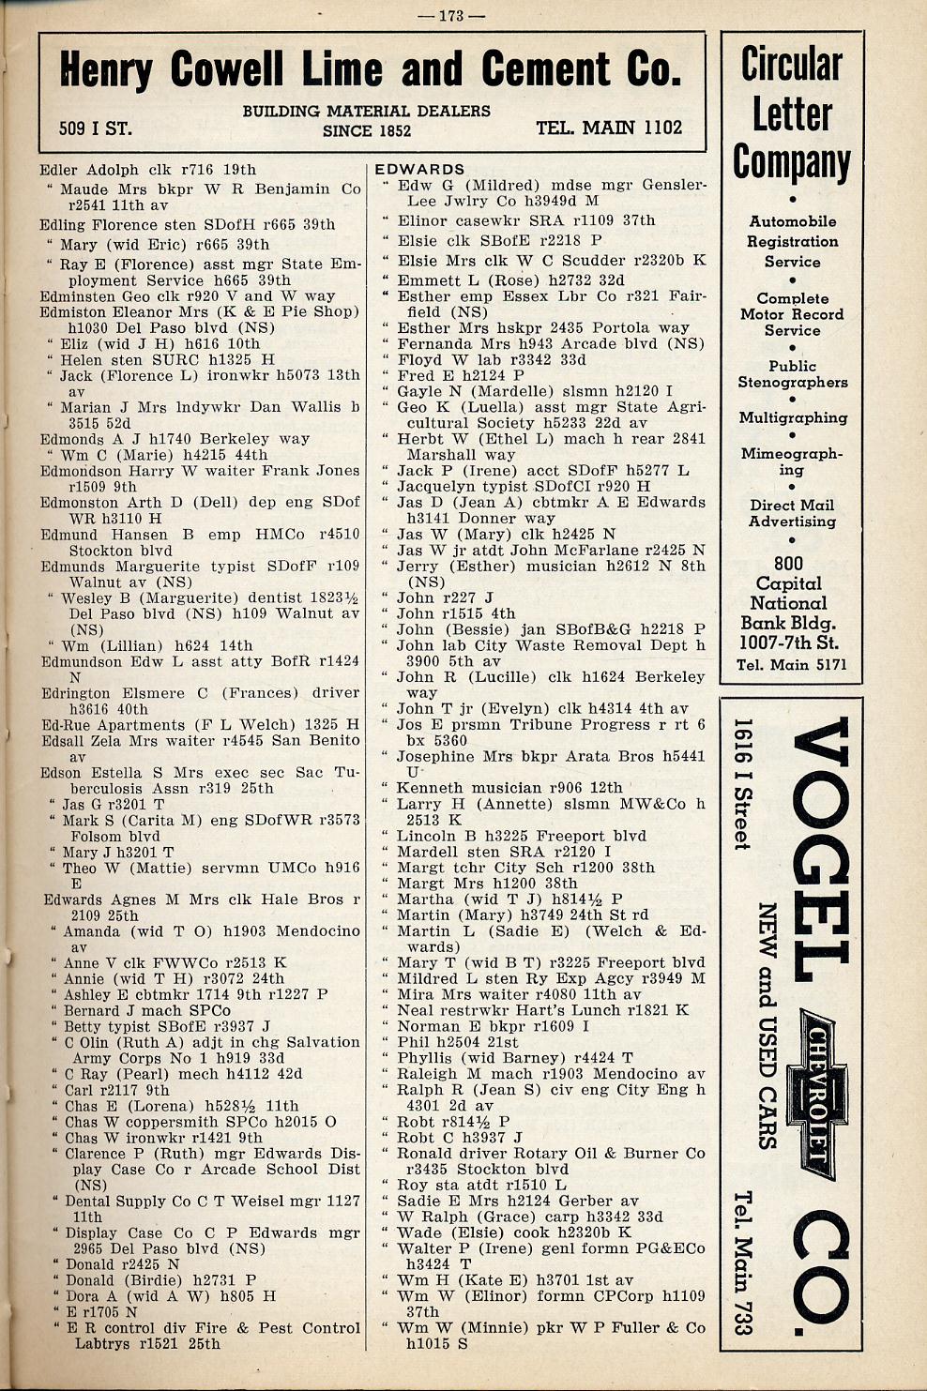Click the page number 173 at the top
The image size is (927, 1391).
click(463, 15)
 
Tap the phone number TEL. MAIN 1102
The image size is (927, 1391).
click(609, 128)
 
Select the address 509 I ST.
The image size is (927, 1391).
click(95, 129)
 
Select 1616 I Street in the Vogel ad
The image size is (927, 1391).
click(742, 784)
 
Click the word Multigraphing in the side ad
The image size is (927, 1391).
click(792, 417)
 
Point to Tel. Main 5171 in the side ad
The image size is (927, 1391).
click(791, 665)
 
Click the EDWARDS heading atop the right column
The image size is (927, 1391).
click(418, 170)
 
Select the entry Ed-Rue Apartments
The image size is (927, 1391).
click(113, 725)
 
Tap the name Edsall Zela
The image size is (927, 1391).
click(88, 741)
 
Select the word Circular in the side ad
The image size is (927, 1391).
click(791, 64)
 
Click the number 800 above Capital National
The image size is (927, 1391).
click(788, 563)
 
